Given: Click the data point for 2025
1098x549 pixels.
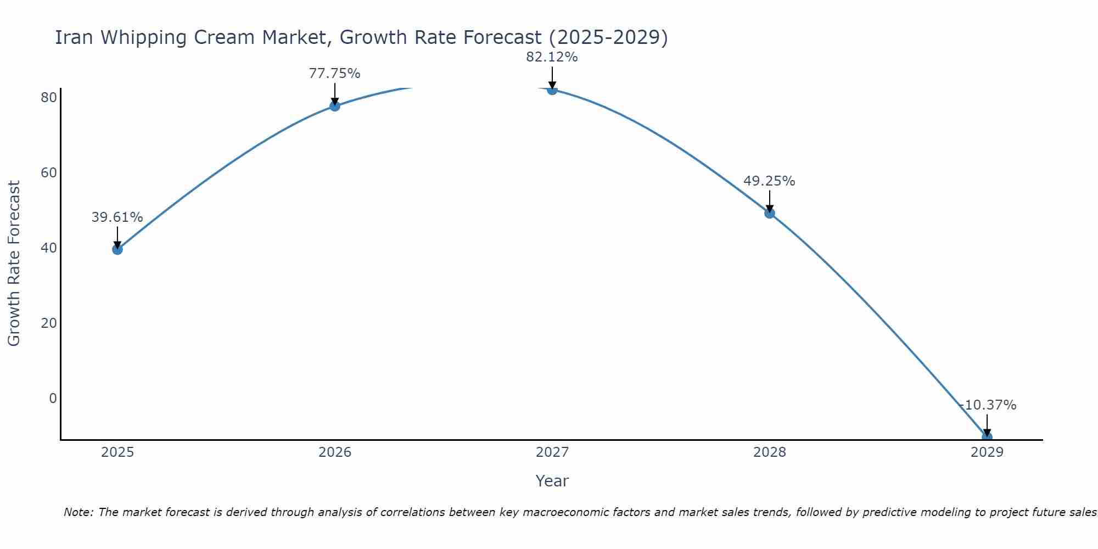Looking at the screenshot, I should [117, 249].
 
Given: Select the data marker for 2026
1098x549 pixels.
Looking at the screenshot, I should [334, 106].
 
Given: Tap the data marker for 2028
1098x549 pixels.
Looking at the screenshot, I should [770, 213].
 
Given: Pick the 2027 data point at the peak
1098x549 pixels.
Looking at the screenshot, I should [552, 89].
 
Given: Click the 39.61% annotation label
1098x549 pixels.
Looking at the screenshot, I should [117, 217].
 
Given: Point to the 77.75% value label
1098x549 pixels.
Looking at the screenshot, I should [334, 74].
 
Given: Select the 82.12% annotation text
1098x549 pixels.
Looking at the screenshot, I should [552, 57].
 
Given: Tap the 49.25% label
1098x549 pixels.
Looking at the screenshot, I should [769, 181].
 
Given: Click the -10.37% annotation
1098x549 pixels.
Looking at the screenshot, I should [988, 405].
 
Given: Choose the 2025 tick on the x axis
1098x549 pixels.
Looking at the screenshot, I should [117, 452].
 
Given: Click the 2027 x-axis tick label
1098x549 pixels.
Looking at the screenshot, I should [552, 452].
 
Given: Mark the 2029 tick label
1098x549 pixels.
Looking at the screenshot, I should [987, 452].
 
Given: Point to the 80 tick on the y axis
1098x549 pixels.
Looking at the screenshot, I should [49, 98].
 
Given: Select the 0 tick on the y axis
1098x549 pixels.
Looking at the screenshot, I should [53, 398].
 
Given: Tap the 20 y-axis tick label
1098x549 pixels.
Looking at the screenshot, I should [49, 323].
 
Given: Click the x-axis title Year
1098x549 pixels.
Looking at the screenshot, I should [552, 481].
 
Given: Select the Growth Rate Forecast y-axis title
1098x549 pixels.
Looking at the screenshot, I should [14, 264].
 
